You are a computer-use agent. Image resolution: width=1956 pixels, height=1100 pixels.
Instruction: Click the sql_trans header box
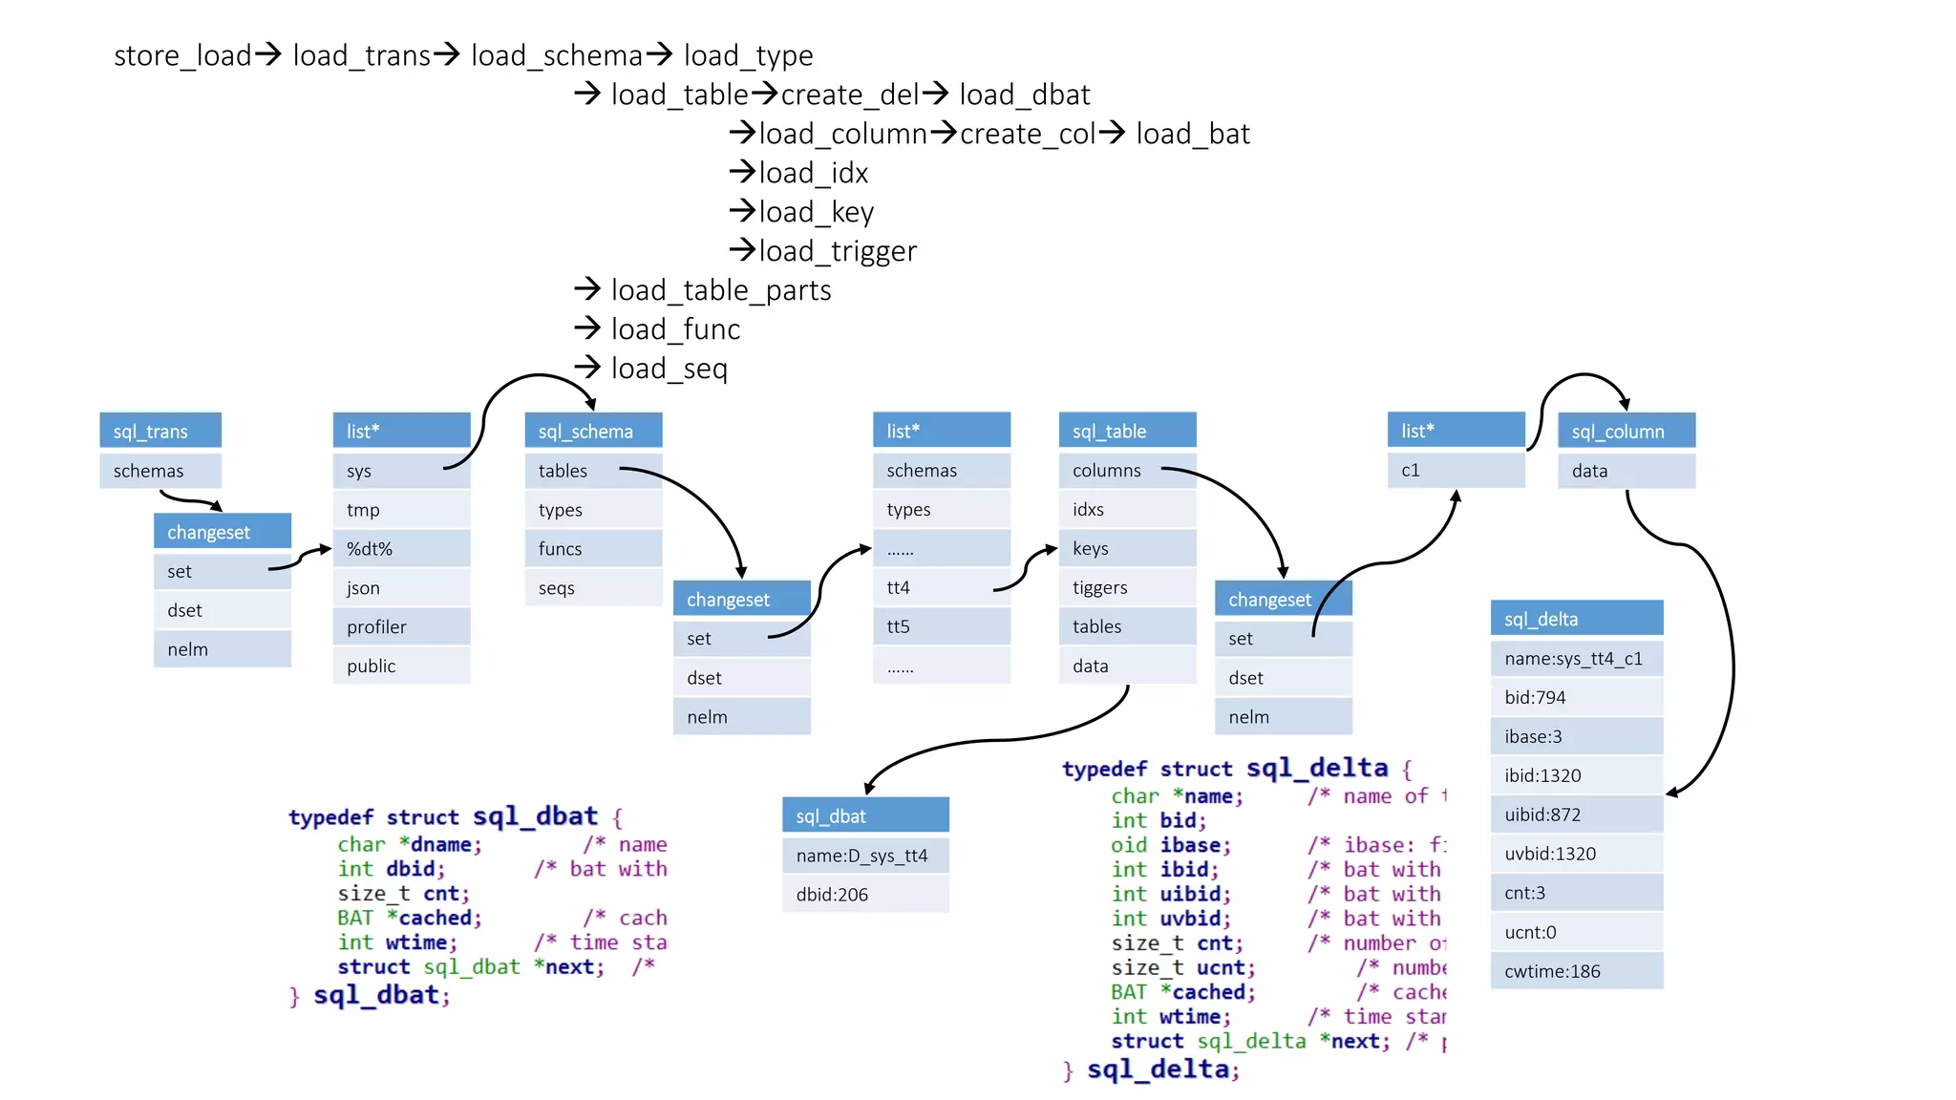click(160, 431)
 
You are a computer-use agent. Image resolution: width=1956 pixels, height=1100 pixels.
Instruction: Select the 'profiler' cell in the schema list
click(401, 626)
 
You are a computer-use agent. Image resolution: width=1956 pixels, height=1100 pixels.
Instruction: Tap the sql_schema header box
click(593, 431)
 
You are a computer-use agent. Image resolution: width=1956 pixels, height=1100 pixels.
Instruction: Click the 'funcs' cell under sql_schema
click(593, 548)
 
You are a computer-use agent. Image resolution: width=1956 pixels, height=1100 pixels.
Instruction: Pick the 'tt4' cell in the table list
click(941, 587)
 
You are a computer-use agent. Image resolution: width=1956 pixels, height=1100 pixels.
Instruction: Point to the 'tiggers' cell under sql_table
click(1127, 587)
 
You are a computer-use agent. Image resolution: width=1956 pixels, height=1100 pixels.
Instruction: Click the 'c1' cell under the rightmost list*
click(1456, 470)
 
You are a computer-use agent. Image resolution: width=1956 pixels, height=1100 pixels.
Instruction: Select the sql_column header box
click(1626, 431)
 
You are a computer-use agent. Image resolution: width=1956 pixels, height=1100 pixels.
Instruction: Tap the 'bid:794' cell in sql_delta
click(1577, 697)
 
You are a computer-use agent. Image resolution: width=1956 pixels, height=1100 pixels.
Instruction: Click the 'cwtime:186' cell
click(1577, 971)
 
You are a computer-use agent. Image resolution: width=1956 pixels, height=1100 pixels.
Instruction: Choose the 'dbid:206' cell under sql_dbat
click(865, 895)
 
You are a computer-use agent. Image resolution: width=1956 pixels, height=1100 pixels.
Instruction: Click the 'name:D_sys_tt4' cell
click(865, 856)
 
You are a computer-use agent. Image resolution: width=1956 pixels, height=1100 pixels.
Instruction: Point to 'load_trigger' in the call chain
click(838, 251)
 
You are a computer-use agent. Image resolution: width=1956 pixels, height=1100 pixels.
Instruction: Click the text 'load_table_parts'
click(721, 290)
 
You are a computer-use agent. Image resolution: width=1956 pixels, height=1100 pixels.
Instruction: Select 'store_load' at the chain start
click(182, 55)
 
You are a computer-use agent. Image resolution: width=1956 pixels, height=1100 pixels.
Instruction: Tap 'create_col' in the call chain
click(1028, 134)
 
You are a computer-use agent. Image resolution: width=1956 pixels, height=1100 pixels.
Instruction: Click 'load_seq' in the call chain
click(669, 369)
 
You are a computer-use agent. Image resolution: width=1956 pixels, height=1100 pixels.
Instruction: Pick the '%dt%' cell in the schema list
click(401, 548)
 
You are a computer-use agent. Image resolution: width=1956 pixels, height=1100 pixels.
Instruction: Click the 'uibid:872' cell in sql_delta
click(1577, 814)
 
